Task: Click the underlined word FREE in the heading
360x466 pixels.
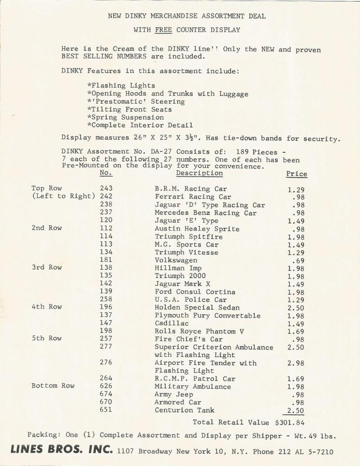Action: (163, 30)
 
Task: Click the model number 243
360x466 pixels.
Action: (106, 189)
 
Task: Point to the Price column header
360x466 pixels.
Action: (296, 174)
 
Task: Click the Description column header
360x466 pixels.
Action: (199, 173)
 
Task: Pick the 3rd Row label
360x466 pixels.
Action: (47, 268)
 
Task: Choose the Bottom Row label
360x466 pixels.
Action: (53, 386)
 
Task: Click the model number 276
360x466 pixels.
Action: (106, 363)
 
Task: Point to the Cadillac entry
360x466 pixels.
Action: (171, 324)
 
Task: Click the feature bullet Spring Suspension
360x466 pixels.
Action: (125, 118)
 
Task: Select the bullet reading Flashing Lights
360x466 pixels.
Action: (121, 86)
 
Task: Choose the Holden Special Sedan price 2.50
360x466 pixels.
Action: (296, 308)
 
